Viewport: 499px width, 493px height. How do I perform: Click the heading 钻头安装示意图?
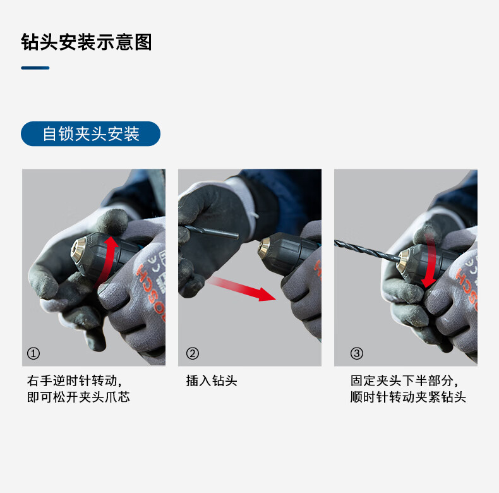pos(87,42)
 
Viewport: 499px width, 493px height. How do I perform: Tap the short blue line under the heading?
pos(35,68)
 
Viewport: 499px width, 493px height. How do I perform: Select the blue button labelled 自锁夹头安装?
pos(91,134)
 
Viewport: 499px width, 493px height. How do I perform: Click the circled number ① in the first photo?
pos(33,353)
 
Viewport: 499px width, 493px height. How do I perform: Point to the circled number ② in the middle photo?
pos(192,353)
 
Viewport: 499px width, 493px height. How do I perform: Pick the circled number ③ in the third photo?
pos(356,353)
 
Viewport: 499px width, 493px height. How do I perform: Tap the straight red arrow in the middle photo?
pos(242,289)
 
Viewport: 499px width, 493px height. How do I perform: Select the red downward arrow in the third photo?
pos(430,260)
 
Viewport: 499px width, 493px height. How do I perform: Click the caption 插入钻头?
pos(212,381)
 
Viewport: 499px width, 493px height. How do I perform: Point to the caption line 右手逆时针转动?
pos(74,381)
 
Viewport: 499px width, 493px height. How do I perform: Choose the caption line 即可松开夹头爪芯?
pos(78,397)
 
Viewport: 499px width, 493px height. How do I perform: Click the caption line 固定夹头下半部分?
pos(404,381)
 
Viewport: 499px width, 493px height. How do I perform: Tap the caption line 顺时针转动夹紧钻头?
pos(408,397)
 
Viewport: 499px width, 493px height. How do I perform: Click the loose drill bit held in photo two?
pos(212,232)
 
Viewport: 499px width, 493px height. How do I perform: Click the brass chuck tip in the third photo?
pos(404,259)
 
